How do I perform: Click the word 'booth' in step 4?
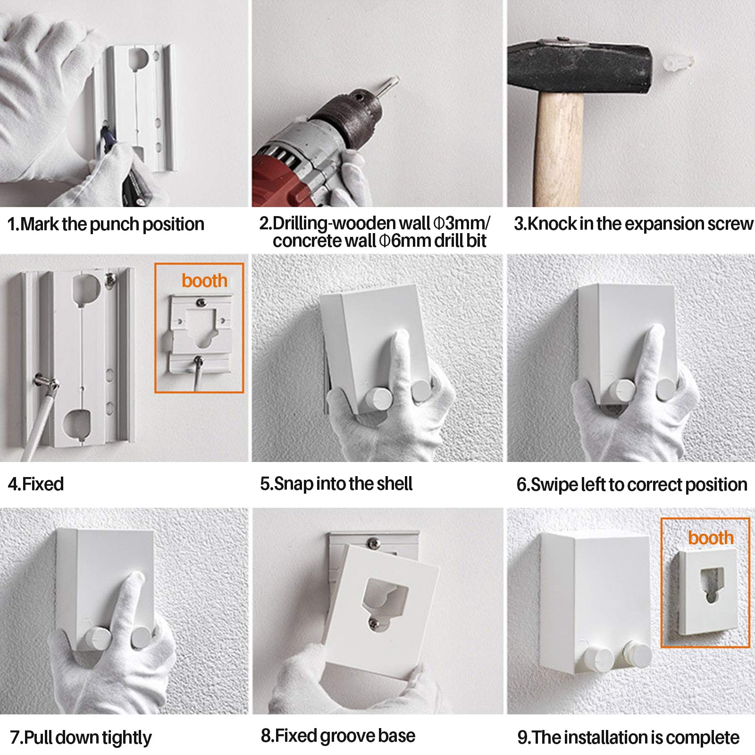(x=204, y=280)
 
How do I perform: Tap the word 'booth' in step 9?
(x=711, y=537)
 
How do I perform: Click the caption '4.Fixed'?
(x=36, y=484)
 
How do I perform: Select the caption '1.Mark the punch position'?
(x=106, y=224)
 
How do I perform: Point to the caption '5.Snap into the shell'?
(x=336, y=484)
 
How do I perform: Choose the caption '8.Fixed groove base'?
(x=338, y=736)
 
